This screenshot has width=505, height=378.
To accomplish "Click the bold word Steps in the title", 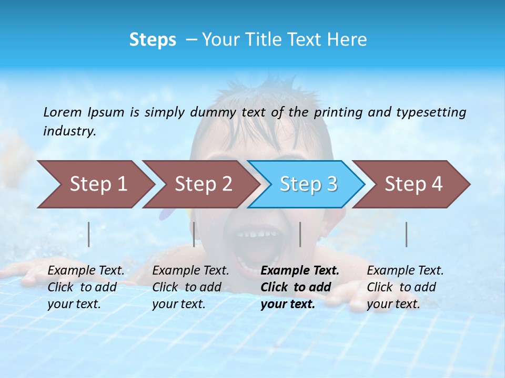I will [x=153, y=40].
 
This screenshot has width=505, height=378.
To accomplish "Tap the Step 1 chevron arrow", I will [x=98, y=184].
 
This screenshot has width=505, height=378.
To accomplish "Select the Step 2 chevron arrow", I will [x=203, y=184].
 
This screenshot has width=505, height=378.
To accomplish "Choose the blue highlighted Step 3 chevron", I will [x=308, y=184].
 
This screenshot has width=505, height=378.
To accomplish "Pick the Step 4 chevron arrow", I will [x=413, y=184].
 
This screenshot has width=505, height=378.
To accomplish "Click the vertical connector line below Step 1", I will [x=89, y=234].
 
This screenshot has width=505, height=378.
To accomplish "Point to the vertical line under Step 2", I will [x=194, y=234].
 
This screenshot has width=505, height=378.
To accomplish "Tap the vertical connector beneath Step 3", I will [x=300, y=234].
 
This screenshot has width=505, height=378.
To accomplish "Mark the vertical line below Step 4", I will [x=406, y=234].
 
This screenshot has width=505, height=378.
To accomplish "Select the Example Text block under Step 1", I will [x=86, y=287].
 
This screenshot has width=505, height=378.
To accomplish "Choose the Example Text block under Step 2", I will [x=190, y=287].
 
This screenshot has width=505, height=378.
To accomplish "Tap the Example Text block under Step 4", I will [x=405, y=287].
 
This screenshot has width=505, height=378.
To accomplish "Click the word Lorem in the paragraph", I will [x=63, y=112].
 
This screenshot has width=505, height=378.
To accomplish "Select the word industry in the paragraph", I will [x=69, y=131].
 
